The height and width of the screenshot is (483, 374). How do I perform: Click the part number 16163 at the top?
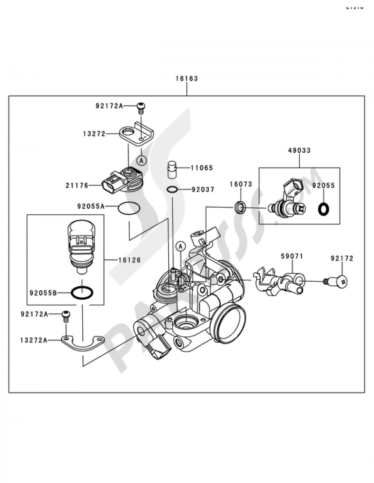point(187,79)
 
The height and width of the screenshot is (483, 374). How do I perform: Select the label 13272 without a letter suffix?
point(94,134)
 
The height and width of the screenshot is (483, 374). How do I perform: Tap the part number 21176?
point(77,185)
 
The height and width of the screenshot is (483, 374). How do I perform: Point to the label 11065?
point(202,168)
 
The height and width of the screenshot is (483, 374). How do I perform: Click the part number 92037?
point(203,190)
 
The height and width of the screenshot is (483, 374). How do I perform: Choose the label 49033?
point(299,150)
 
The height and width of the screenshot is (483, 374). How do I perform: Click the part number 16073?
point(240,184)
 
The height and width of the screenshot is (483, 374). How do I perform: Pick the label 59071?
point(292,256)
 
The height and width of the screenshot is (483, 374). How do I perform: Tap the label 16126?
point(129,260)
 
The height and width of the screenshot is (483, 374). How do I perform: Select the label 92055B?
point(43,293)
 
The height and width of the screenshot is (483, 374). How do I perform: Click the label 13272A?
point(34,340)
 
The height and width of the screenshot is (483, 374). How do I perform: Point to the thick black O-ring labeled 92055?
point(322,209)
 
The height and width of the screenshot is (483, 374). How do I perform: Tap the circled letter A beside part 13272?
point(141,161)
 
